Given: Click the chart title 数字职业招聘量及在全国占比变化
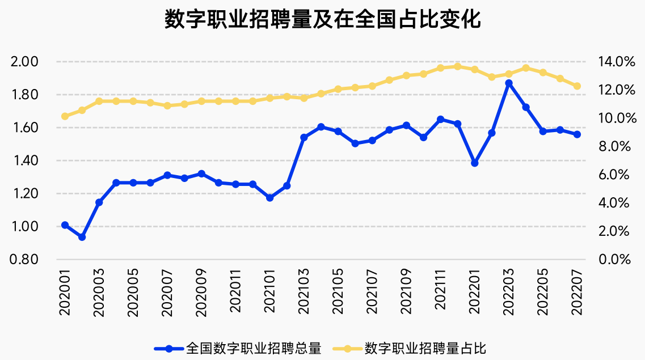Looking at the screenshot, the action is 322,19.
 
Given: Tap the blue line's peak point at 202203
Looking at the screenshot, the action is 509,83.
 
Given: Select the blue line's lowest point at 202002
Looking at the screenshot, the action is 82,237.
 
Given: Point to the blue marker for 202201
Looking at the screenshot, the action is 475,163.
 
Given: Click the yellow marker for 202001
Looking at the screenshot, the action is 65,116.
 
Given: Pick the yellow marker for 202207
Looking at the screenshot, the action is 577,86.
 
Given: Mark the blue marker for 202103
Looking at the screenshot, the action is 304,138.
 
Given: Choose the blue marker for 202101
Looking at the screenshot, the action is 270,198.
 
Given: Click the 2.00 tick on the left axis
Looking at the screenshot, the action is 24,62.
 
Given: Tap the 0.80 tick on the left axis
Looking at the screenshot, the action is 24,259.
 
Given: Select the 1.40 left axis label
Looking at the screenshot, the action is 25,160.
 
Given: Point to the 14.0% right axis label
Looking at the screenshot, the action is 617,62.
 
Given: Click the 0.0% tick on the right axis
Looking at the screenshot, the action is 614,259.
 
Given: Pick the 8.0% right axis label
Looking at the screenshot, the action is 614,146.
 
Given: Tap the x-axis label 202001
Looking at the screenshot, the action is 65,292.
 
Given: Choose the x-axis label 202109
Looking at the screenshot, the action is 406,292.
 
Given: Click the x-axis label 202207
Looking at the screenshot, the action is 577,292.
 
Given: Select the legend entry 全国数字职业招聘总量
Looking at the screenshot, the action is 238,349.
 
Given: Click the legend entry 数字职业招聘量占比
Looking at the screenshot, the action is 410,349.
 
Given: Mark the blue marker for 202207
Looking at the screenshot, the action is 577,134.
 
